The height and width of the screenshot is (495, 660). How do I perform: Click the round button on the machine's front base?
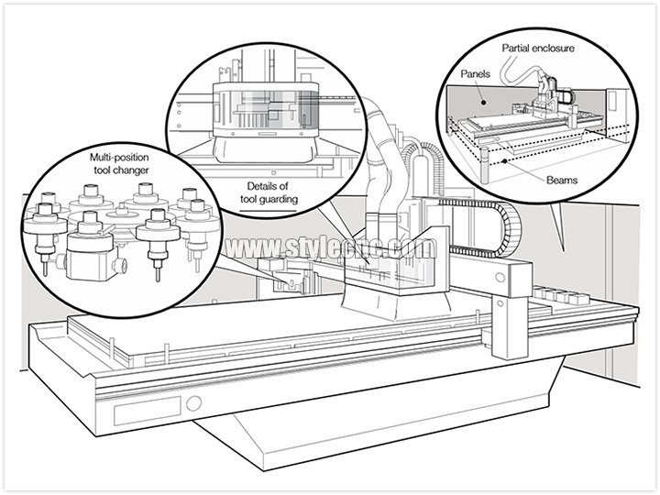194,402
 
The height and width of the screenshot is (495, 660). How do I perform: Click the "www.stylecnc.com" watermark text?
333,249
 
